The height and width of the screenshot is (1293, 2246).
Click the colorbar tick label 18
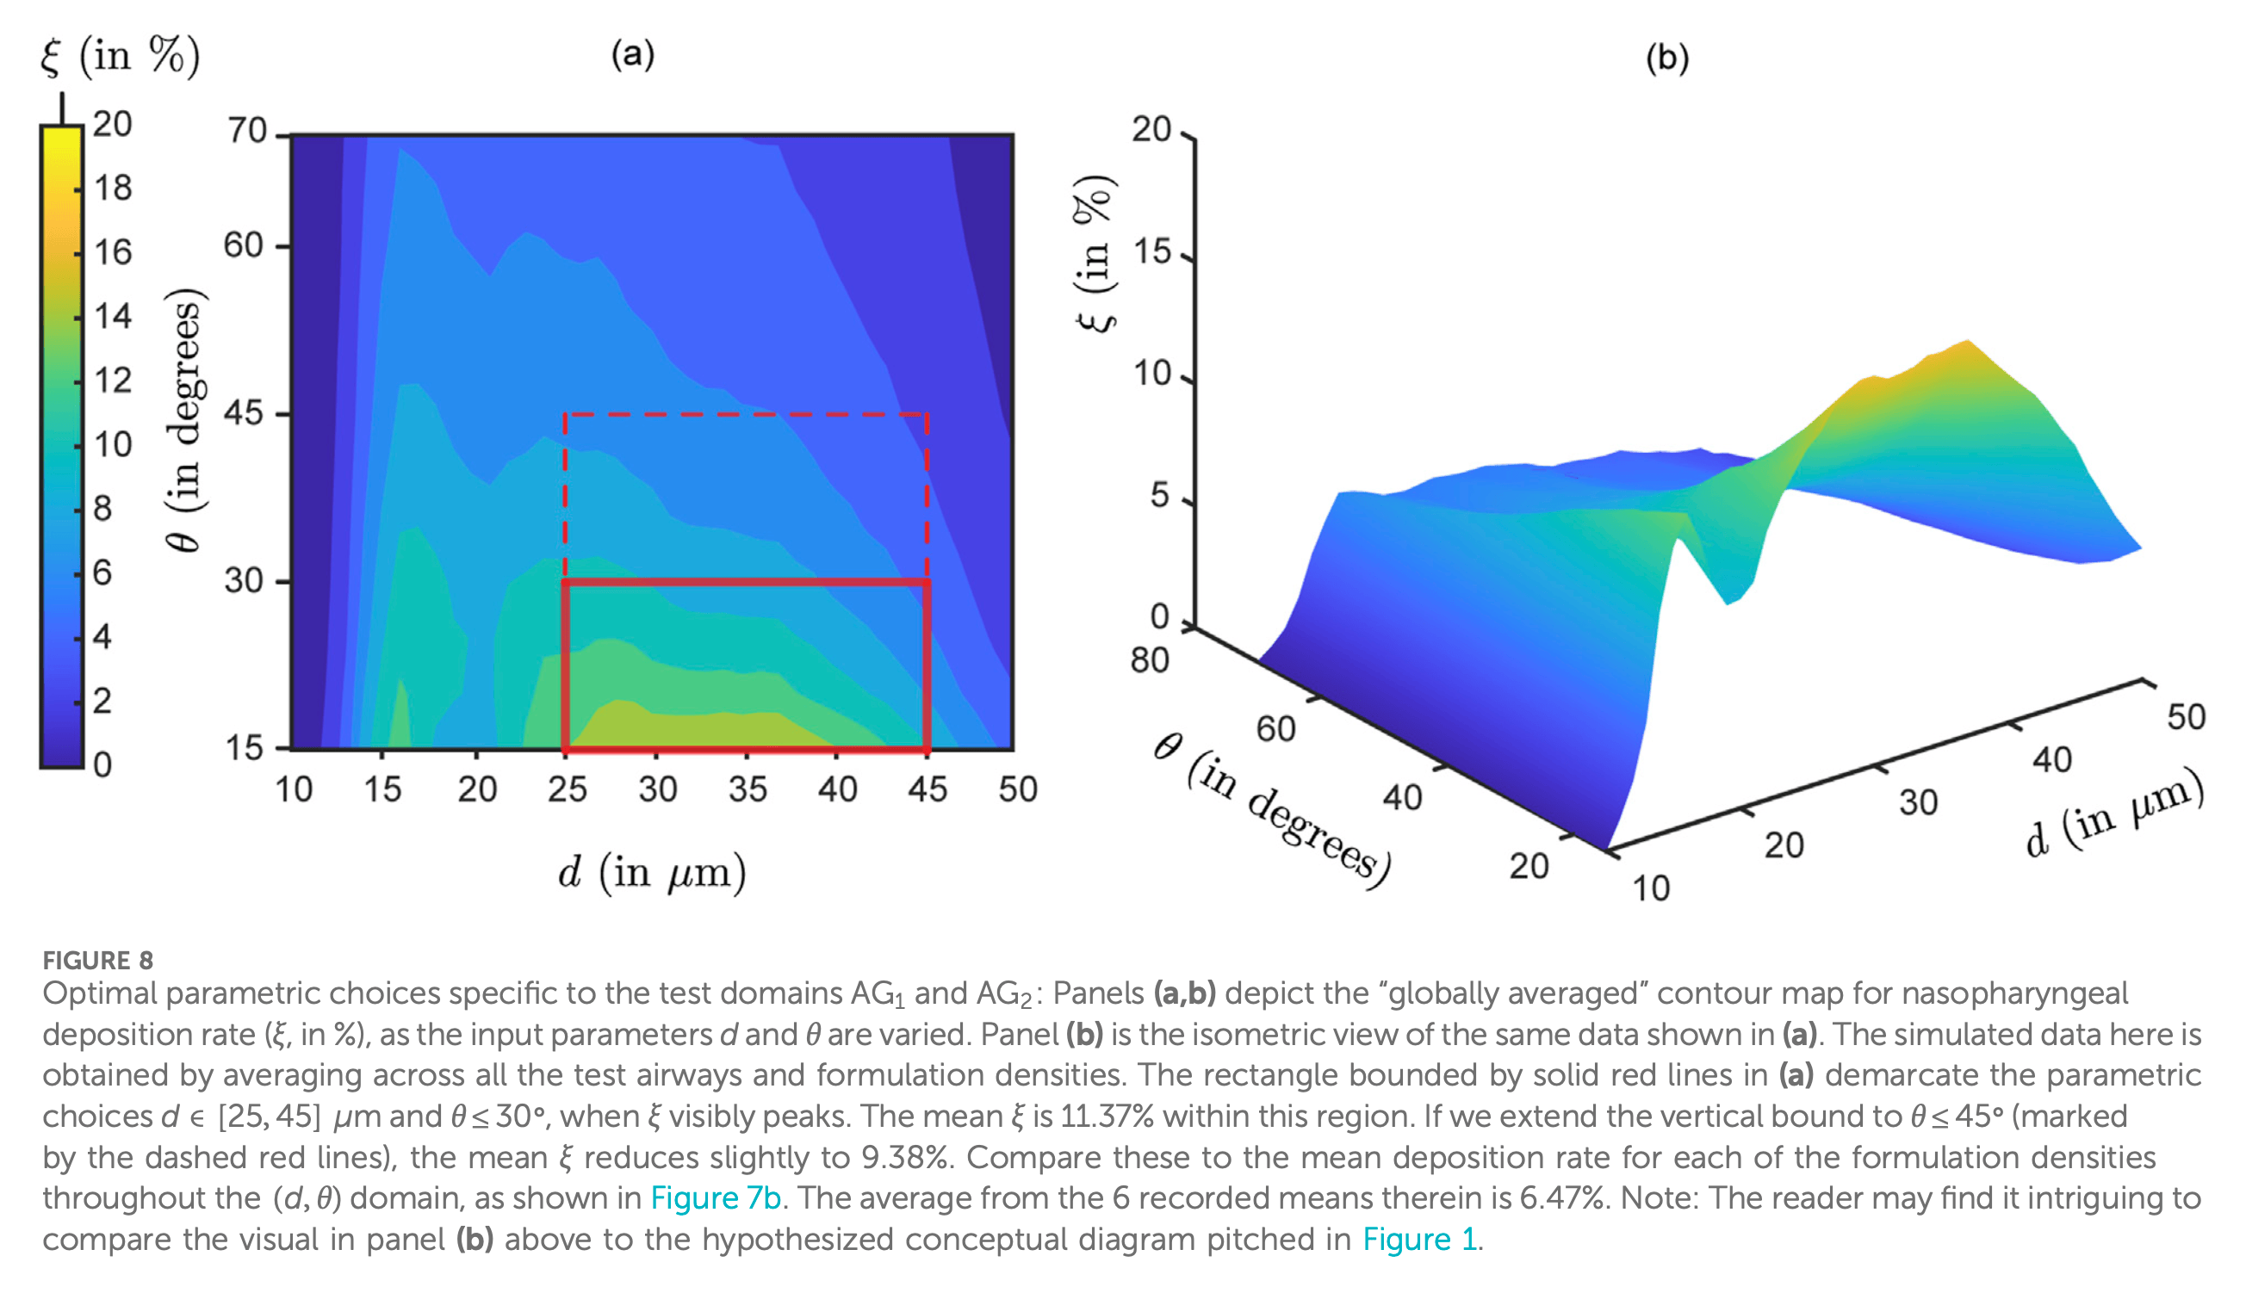click(113, 189)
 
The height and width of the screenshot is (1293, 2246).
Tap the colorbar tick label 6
click(103, 572)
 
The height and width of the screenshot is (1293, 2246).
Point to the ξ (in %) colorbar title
click(120, 56)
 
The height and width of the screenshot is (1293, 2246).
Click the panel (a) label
click(633, 54)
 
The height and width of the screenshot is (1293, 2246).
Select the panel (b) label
click(1666, 58)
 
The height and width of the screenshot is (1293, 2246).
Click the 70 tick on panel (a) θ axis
click(247, 131)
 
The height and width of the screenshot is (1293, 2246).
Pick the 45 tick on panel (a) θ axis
click(245, 413)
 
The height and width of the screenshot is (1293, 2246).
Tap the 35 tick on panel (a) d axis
click(748, 789)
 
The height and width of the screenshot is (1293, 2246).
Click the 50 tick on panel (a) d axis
click(1017, 789)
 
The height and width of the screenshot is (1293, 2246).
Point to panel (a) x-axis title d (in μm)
click(652, 872)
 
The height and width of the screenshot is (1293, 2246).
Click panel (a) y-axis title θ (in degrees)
click(186, 420)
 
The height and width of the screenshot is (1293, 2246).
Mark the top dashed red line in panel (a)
click(747, 414)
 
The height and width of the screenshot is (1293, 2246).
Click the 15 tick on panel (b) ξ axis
click(1151, 253)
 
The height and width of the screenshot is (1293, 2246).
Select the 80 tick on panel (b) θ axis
click(1149, 661)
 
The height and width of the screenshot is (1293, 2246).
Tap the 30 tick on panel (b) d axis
click(1918, 803)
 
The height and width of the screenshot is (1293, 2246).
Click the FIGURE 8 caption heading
click(97, 960)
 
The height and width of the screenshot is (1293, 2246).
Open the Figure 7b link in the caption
click(715, 1198)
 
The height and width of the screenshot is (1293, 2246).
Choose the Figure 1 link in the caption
click(1419, 1239)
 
